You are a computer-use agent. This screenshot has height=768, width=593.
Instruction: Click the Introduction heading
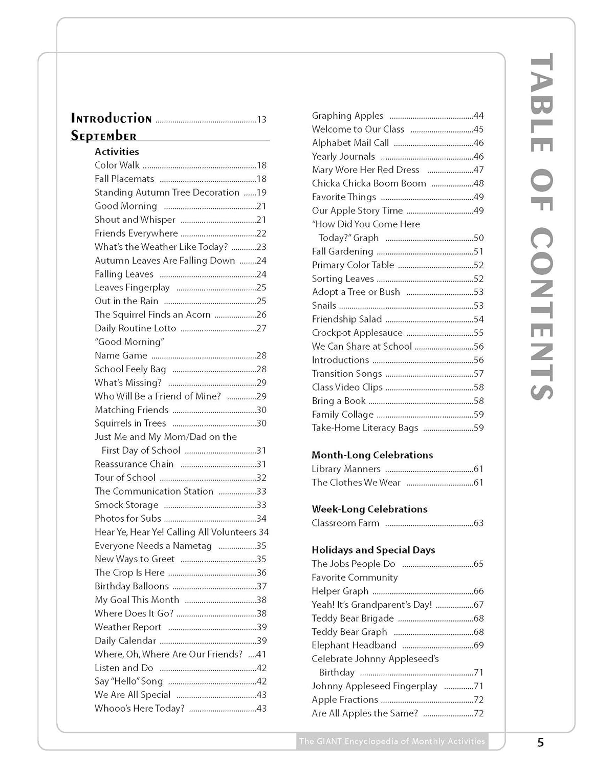point(111,119)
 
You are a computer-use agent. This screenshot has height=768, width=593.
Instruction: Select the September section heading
point(104,136)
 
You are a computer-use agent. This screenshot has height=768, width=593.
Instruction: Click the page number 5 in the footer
point(541,742)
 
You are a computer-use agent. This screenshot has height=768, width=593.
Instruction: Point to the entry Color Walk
point(117,165)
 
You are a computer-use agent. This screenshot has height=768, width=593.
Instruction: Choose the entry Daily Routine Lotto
point(135,328)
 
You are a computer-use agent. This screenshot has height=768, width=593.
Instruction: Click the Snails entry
point(324,306)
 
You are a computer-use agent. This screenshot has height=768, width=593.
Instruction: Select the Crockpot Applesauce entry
point(357,333)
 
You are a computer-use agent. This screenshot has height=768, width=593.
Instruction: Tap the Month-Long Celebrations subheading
point(372,455)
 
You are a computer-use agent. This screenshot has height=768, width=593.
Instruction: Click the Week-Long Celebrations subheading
point(369,509)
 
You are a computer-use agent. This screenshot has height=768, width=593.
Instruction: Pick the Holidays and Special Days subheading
point(373,550)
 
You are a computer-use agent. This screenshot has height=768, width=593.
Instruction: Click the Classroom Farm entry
point(345,523)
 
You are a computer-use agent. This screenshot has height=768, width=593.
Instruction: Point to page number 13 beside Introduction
point(261,120)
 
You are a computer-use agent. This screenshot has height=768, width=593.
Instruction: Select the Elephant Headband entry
point(354,645)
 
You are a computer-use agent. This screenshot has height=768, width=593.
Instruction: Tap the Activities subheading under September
point(117,152)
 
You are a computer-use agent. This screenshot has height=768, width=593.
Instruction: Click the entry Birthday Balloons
point(131,586)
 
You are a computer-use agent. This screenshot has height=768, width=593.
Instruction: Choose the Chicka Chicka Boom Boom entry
point(369,183)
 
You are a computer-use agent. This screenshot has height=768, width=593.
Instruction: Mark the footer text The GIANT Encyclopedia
point(392,741)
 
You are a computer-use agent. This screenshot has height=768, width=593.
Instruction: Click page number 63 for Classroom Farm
point(478,523)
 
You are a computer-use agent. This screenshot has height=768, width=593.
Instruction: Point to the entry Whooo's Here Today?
point(139,709)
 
